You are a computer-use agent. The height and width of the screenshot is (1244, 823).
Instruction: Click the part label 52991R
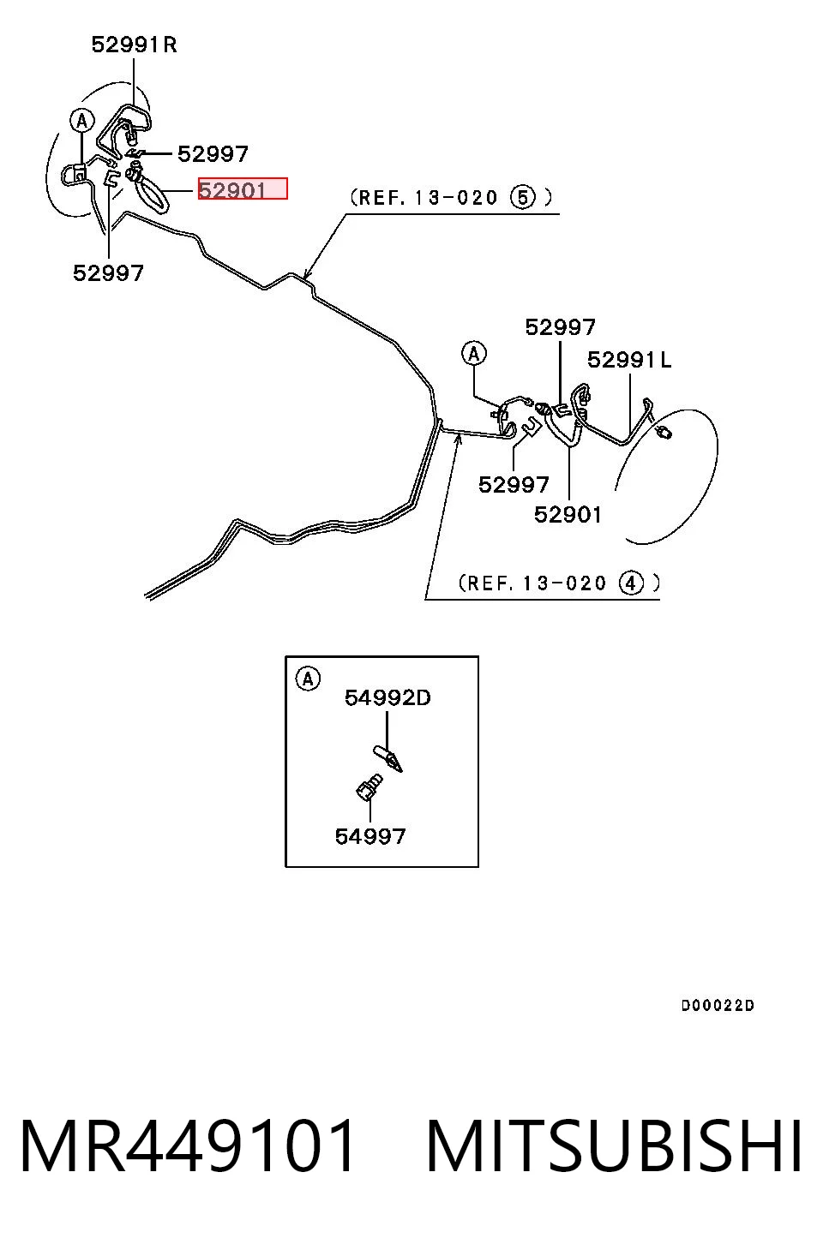[134, 45]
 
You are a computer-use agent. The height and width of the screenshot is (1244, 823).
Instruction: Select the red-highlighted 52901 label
[243, 188]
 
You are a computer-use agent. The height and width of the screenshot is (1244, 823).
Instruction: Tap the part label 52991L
[629, 360]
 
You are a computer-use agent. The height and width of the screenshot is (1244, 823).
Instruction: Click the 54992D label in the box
[387, 697]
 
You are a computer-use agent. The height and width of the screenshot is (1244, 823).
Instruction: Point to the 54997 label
[370, 836]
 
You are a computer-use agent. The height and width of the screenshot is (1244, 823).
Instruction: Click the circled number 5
[523, 197]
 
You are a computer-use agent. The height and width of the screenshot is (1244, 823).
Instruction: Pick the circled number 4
[631, 583]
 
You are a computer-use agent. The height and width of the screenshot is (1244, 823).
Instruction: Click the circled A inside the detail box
[308, 679]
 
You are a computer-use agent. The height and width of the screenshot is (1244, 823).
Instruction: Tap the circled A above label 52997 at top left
[82, 121]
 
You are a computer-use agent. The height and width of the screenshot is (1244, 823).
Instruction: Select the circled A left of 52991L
[473, 353]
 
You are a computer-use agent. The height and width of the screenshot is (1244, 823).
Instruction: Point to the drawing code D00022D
[718, 1005]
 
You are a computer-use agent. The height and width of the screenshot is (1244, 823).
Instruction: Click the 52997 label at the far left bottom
[108, 272]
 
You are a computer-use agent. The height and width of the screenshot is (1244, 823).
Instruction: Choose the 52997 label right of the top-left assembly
[213, 154]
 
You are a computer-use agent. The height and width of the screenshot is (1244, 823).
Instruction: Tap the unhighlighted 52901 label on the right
[568, 515]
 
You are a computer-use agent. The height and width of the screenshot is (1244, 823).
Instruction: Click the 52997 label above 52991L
[560, 327]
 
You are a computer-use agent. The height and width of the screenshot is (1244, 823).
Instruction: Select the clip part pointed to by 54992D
[388, 758]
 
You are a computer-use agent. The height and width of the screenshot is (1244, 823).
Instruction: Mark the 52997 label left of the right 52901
[514, 485]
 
